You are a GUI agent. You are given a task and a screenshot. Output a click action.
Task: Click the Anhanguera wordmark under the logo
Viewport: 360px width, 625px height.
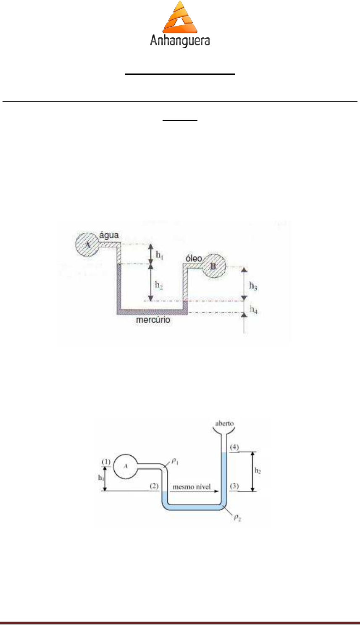pyautogui.click(x=180, y=41)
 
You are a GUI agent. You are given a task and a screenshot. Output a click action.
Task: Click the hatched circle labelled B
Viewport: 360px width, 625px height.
pyautogui.click(x=214, y=266)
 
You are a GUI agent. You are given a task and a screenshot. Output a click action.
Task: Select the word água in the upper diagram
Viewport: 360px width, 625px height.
pyautogui.click(x=109, y=236)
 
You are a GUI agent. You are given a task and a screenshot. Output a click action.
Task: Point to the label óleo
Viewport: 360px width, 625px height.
pyautogui.click(x=194, y=258)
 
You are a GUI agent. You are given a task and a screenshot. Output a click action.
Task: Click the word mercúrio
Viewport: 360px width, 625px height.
pyautogui.click(x=153, y=320)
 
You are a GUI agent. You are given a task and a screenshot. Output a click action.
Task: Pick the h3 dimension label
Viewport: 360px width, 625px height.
pyautogui.click(x=253, y=286)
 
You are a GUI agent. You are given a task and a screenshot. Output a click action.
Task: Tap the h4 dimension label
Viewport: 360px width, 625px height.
pyautogui.click(x=253, y=310)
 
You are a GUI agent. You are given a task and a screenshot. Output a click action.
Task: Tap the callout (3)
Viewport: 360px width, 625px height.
pyautogui.click(x=234, y=486)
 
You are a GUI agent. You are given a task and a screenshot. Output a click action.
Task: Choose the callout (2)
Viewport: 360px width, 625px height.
pyautogui.click(x=154, y=486)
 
